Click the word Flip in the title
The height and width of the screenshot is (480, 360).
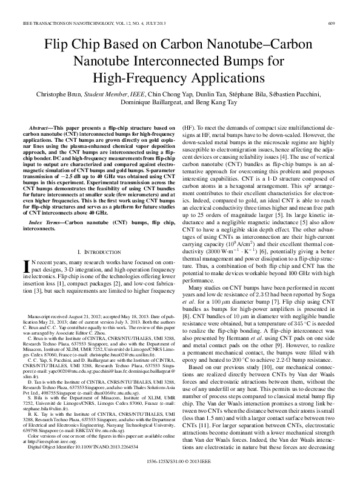click(x=56, y=46)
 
